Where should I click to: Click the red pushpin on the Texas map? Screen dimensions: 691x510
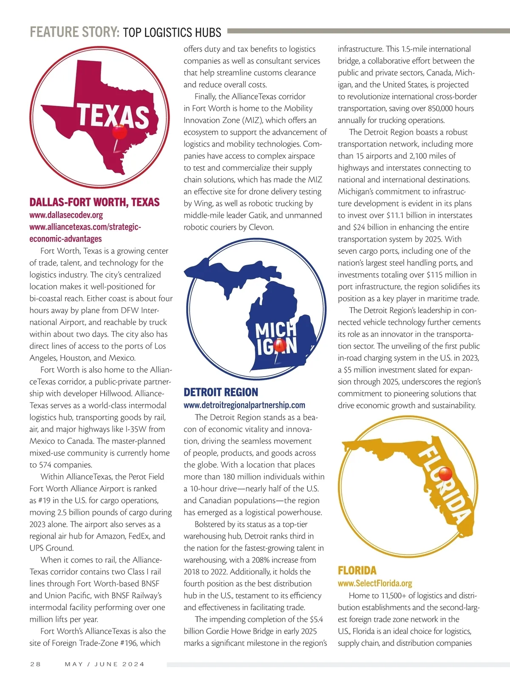(119, 132)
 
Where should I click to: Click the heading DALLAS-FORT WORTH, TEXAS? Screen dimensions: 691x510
(94, 202)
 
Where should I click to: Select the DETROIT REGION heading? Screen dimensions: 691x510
(221, 392)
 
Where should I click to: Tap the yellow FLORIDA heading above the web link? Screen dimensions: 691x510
(357, 571)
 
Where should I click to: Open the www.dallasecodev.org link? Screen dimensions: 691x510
(66, 215)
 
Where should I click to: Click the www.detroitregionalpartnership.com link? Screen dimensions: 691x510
(244, 405)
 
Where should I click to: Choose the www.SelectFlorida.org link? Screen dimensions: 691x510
(375, 583)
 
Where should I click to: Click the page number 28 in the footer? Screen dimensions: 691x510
(35, 664)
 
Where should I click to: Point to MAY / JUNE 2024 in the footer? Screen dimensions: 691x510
(105, 664)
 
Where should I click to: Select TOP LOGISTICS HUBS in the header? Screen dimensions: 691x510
(172, 32)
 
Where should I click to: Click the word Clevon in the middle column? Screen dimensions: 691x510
(261, 227)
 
